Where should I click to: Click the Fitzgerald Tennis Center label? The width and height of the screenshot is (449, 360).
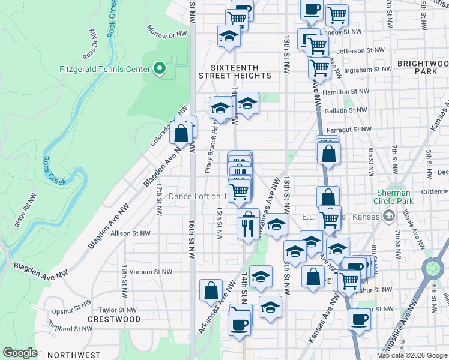click(104, 69)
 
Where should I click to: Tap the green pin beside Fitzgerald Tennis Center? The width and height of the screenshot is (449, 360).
click(159, 69)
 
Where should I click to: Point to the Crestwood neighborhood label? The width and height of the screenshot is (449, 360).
click(114, 319)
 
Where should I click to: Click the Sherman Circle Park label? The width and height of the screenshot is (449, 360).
click(393, 197)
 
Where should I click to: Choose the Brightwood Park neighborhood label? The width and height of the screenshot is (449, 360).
click(423, 67)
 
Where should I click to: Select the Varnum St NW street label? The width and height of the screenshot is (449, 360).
click(140, 272)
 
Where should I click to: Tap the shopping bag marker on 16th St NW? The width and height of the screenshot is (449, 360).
click(181, 133)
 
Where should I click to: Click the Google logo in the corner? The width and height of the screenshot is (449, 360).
click(20, 353)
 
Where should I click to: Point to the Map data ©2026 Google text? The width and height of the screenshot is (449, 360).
click(412, 355)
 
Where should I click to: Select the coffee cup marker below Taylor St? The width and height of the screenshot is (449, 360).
click(359, 320)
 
